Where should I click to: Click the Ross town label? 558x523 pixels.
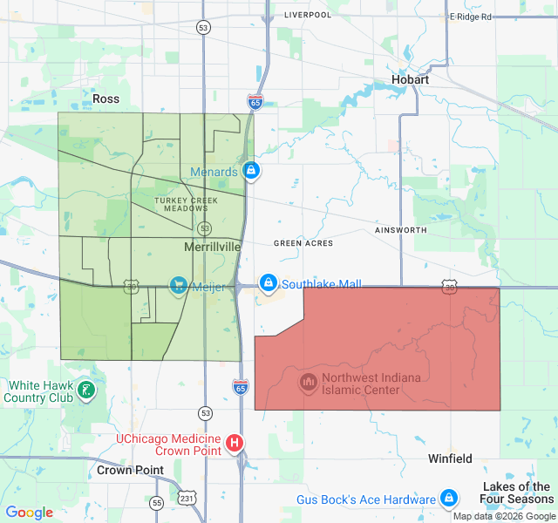click(105, 98)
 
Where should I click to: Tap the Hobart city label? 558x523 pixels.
click(410, 79)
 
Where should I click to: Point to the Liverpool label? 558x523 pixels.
click(308, 15)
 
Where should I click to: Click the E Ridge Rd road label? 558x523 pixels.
click(471, 17)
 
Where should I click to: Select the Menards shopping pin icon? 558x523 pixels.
click(251, 171)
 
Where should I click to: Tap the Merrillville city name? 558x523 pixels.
click(213, 248)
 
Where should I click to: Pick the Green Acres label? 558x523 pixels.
click(303, 243)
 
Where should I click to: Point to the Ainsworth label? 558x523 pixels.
click(400, 230)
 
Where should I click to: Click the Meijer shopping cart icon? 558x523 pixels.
click(179, 284)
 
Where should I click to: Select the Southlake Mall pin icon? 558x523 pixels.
click(269, 283)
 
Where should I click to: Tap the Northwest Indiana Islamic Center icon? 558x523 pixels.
click(308, 382)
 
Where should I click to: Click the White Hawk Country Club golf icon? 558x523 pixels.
click(86, 390)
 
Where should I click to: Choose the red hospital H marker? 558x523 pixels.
click(235, 443)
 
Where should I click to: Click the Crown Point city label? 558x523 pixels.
click(130, 470)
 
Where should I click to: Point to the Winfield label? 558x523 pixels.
click(450, 458)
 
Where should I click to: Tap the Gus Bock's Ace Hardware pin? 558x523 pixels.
click(448, 499)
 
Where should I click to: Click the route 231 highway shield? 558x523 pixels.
click(189, 497)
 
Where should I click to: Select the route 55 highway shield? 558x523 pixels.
click(156, 503)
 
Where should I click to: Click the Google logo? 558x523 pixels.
click(30, 513)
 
